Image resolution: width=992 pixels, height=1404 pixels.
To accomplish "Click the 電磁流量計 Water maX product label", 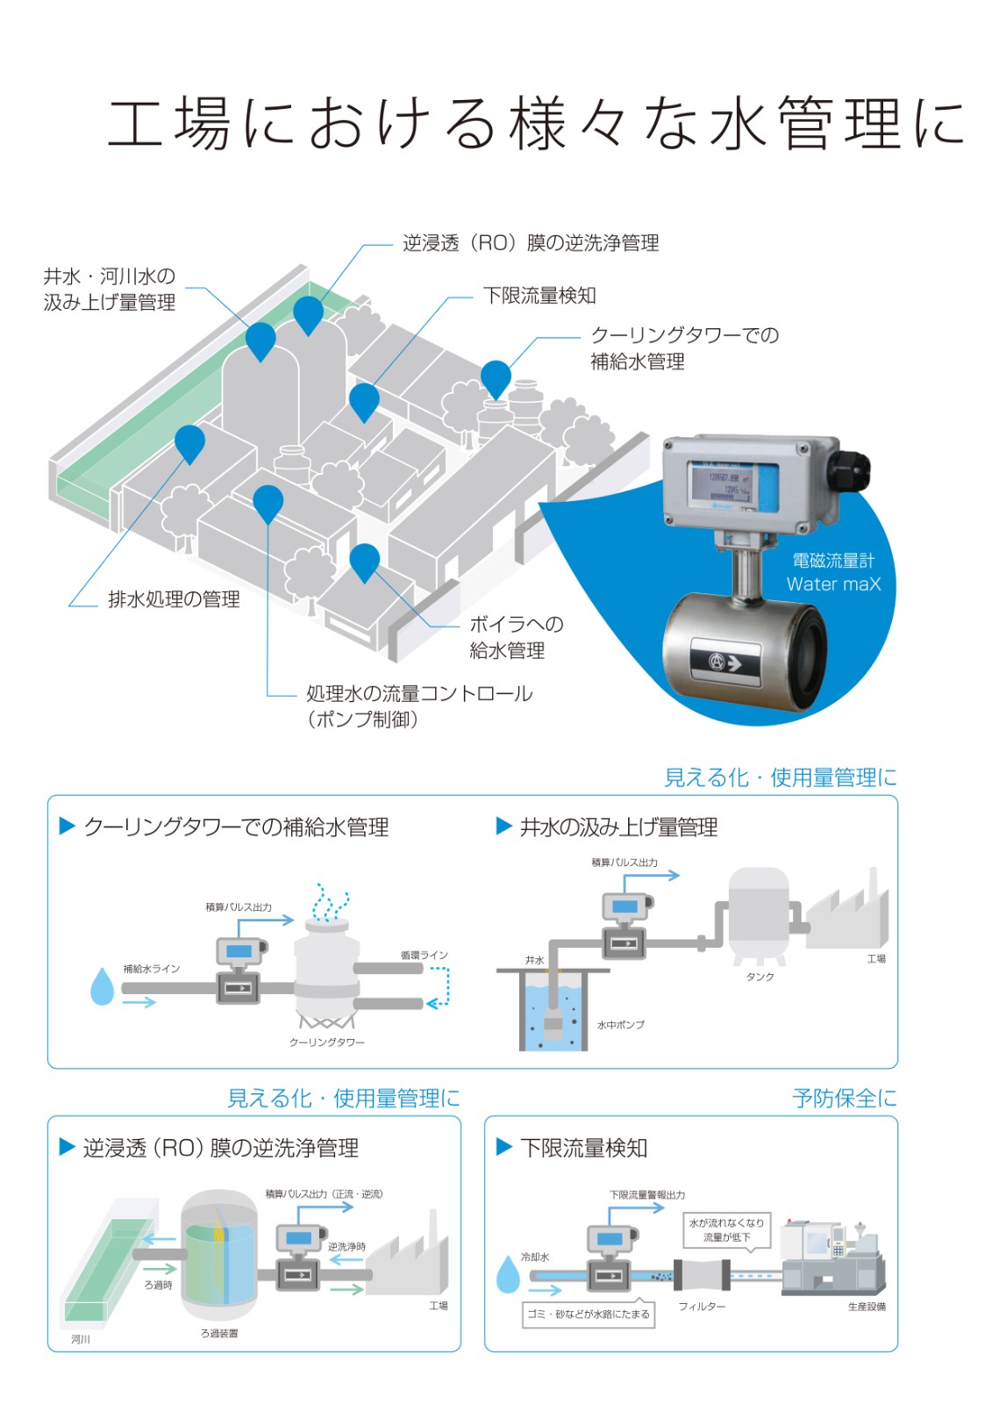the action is point(833,572).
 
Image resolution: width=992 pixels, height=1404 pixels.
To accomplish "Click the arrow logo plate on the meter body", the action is point(725,663).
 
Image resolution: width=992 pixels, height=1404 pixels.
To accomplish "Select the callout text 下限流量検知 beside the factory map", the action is point(539,295).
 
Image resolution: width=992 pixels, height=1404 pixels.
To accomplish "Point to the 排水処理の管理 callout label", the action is point(174,599).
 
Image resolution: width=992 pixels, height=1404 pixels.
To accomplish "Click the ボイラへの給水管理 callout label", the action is point(517,637).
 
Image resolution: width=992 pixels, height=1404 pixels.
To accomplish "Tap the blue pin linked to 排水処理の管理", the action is point(189,444).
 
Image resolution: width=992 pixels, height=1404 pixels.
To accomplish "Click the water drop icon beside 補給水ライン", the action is point(102,986).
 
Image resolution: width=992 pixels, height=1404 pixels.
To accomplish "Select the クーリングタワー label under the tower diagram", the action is point(326,1042).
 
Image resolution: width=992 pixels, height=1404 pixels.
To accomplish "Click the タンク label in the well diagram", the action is point(760,977).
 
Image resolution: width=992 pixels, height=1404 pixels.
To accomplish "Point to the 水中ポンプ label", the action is point(620,1025).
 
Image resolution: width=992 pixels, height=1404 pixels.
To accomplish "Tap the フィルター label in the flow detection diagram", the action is point(702,1307).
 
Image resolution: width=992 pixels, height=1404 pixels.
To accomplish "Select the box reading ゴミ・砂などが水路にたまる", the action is point(589,1314).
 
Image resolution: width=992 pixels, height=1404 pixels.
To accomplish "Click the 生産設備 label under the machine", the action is point(867,1307).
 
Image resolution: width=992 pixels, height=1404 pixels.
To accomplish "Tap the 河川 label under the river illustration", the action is point(80,1339).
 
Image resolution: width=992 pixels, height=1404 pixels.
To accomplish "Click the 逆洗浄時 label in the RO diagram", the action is point(346,1247).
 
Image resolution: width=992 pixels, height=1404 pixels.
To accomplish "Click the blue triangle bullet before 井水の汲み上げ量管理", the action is point(503,826).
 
